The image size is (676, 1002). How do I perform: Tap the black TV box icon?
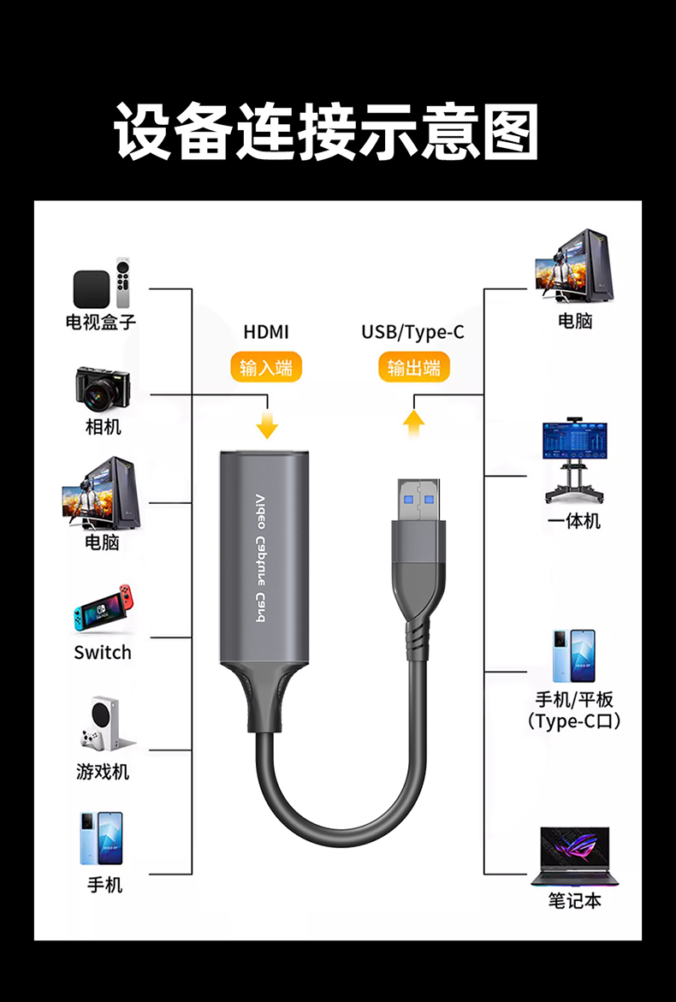pyautogui.click(x=91, y=289)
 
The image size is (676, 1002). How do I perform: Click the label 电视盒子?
pyautogui.click(x=101, y=322)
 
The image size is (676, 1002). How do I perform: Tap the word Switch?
pyautogui.click(x=103, y=653)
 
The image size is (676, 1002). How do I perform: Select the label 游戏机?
pyautogui.click(x=103, y=772)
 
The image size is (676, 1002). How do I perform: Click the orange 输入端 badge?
pyautogui.click(x=266, y=368)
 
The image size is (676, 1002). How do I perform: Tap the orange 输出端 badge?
pyautogui.click(x=413, y=368)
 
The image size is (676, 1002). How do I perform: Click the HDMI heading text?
pyautogui.click(x=266, y=332)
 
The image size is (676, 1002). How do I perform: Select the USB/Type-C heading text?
pyautogui.click(x=412, y=332)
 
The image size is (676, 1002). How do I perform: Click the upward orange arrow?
pyautogui.click(x=414, y=422)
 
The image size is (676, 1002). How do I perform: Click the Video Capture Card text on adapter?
pyautogui.click(x=261, y=560)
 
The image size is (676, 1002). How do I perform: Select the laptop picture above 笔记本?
pyautogui.click(x=574, y=856)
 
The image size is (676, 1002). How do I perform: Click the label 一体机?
pyautogui.click(x=574, y=521)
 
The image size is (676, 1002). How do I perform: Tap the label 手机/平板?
pyautogui.click(x=574, y=700)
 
